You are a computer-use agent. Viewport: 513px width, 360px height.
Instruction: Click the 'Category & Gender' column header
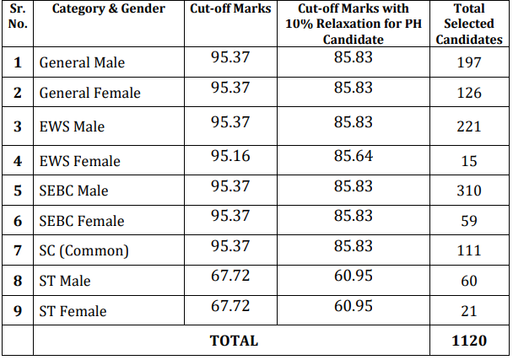[109, 8]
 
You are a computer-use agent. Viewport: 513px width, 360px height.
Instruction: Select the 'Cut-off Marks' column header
[230, 8]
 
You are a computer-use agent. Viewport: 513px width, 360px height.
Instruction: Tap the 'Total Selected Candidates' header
[469, 24]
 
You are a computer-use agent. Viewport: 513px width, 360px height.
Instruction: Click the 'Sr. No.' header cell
[18, 16]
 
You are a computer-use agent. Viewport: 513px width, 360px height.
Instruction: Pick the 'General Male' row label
[82, 62]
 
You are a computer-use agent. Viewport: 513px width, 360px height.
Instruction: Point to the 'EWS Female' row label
[80, 161]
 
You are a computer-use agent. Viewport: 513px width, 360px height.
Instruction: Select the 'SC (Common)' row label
[84, 250]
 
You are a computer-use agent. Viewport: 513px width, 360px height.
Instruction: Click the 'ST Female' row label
[73, 311]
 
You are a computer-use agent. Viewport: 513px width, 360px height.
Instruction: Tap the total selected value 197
[469, 62]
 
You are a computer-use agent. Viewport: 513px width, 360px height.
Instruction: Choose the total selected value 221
[469, 126]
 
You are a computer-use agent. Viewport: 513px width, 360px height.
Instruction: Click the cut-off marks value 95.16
[230, 156]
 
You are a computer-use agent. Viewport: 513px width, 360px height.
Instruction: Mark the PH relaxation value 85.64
[354, 156]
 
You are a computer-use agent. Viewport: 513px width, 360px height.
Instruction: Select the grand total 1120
[469, 341]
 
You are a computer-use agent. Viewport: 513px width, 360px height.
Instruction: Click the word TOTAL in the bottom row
[234, 341]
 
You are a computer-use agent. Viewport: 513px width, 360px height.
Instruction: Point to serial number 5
[18, 191]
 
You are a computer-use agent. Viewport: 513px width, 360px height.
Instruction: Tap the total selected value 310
[469, 191]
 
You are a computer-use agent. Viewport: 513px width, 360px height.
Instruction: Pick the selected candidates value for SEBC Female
[469, 221]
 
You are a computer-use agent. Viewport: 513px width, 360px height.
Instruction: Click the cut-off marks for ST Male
[230, 276]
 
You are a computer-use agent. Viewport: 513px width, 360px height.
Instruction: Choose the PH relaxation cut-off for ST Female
[354, 306]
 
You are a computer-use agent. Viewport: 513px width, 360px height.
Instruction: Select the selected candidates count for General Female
[469, 93]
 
